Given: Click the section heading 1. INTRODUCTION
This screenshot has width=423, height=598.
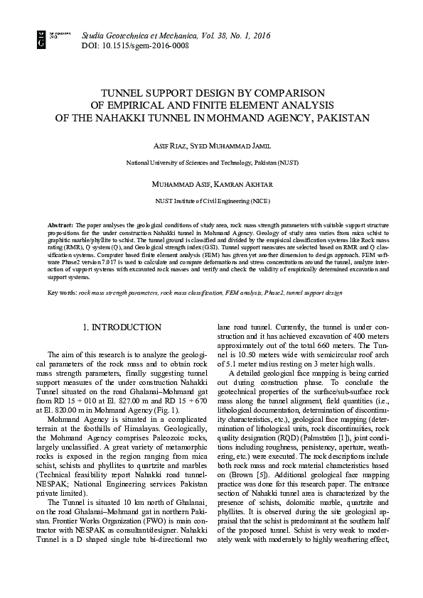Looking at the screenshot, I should [122, 327].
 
